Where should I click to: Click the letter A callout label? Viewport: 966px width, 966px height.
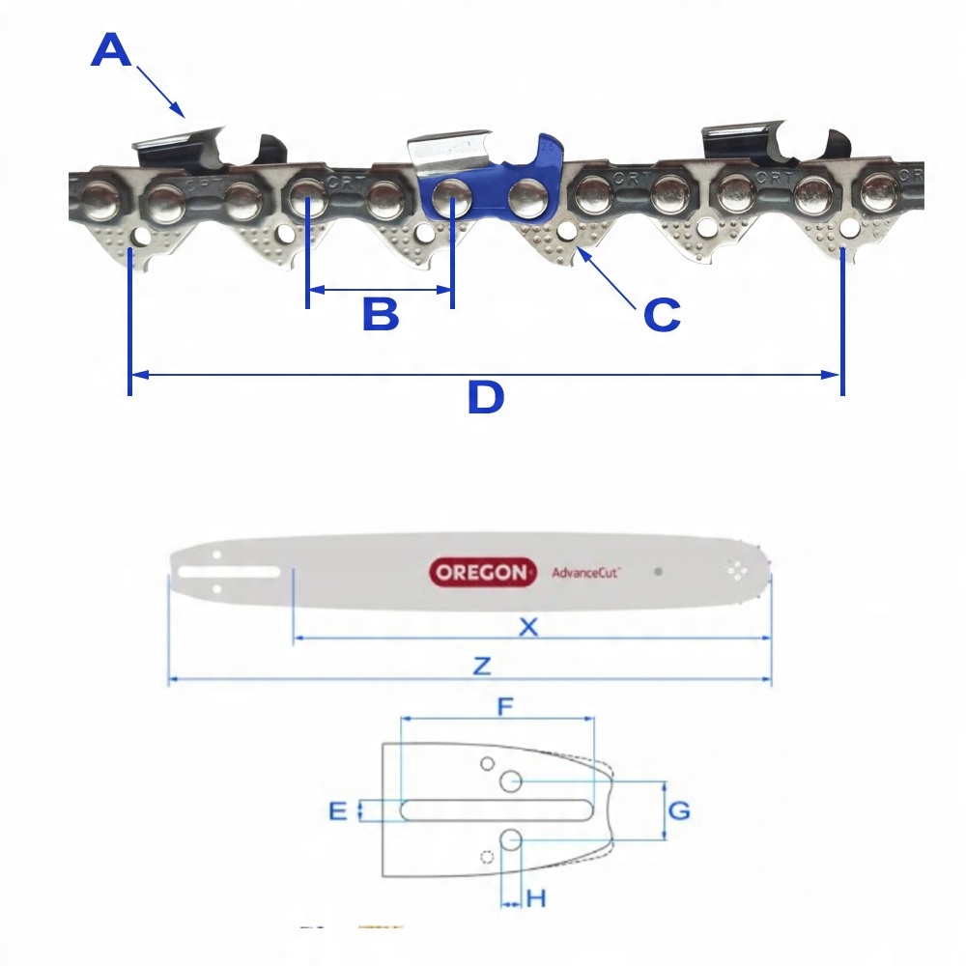[110, 50]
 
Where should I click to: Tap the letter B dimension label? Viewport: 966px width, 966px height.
[380, 314]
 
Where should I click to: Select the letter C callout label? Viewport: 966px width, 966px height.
[662, 314]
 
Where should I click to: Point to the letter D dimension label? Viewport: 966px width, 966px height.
[485, 397]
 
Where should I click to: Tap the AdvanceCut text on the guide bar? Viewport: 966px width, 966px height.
[586, 572]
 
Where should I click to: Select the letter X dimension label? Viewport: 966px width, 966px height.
[528, 627]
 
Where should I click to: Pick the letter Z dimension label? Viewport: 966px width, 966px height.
[482, 666]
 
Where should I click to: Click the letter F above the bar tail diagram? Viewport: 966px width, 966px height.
[504, 706]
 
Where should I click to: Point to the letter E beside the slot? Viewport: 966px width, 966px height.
[337, 810]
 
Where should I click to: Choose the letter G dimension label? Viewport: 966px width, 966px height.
[679, 810]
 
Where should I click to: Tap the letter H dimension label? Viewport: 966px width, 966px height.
[536, 898]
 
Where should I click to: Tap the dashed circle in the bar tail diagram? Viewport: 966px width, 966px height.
[488, 854]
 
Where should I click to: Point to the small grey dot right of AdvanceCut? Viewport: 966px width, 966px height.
[658, 571]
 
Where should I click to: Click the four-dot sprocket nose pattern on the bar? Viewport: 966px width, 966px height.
[740, 571]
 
